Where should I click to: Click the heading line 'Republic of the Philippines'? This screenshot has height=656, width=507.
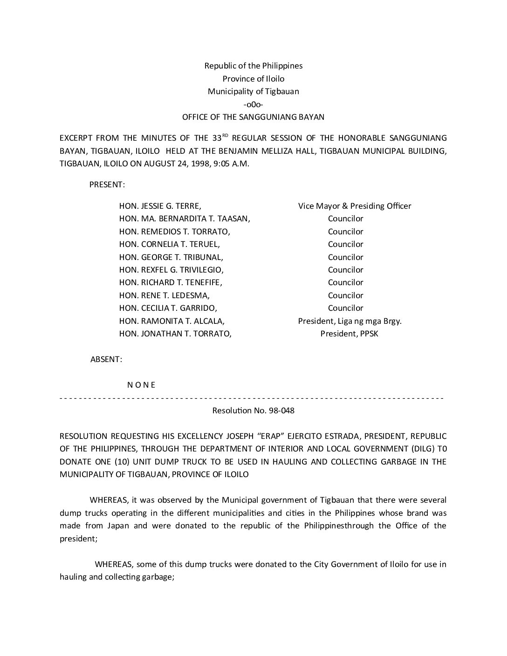[253, 66]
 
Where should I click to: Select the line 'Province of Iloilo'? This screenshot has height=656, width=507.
[253, 79]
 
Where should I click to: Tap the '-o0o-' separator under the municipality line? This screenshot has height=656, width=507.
[253, 104]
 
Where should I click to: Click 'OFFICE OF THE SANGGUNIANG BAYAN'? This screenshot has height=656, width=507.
[253, 117]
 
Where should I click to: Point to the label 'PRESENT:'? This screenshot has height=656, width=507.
[107, 184]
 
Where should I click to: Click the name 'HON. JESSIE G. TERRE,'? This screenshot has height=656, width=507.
[160, 206]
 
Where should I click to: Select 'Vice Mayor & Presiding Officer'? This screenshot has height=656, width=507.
[355, 206]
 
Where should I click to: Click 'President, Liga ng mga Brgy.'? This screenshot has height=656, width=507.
[350, 321]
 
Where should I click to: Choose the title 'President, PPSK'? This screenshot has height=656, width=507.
[349, 334]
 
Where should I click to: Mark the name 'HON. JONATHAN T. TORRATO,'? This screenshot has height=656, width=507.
[176, 334]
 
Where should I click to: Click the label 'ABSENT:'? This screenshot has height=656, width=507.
[106, 359]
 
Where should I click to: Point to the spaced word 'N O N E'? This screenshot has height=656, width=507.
[141, 385]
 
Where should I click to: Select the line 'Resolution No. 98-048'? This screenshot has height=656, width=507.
[253, 410]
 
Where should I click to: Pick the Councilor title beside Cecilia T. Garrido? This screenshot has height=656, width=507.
[345, 308]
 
